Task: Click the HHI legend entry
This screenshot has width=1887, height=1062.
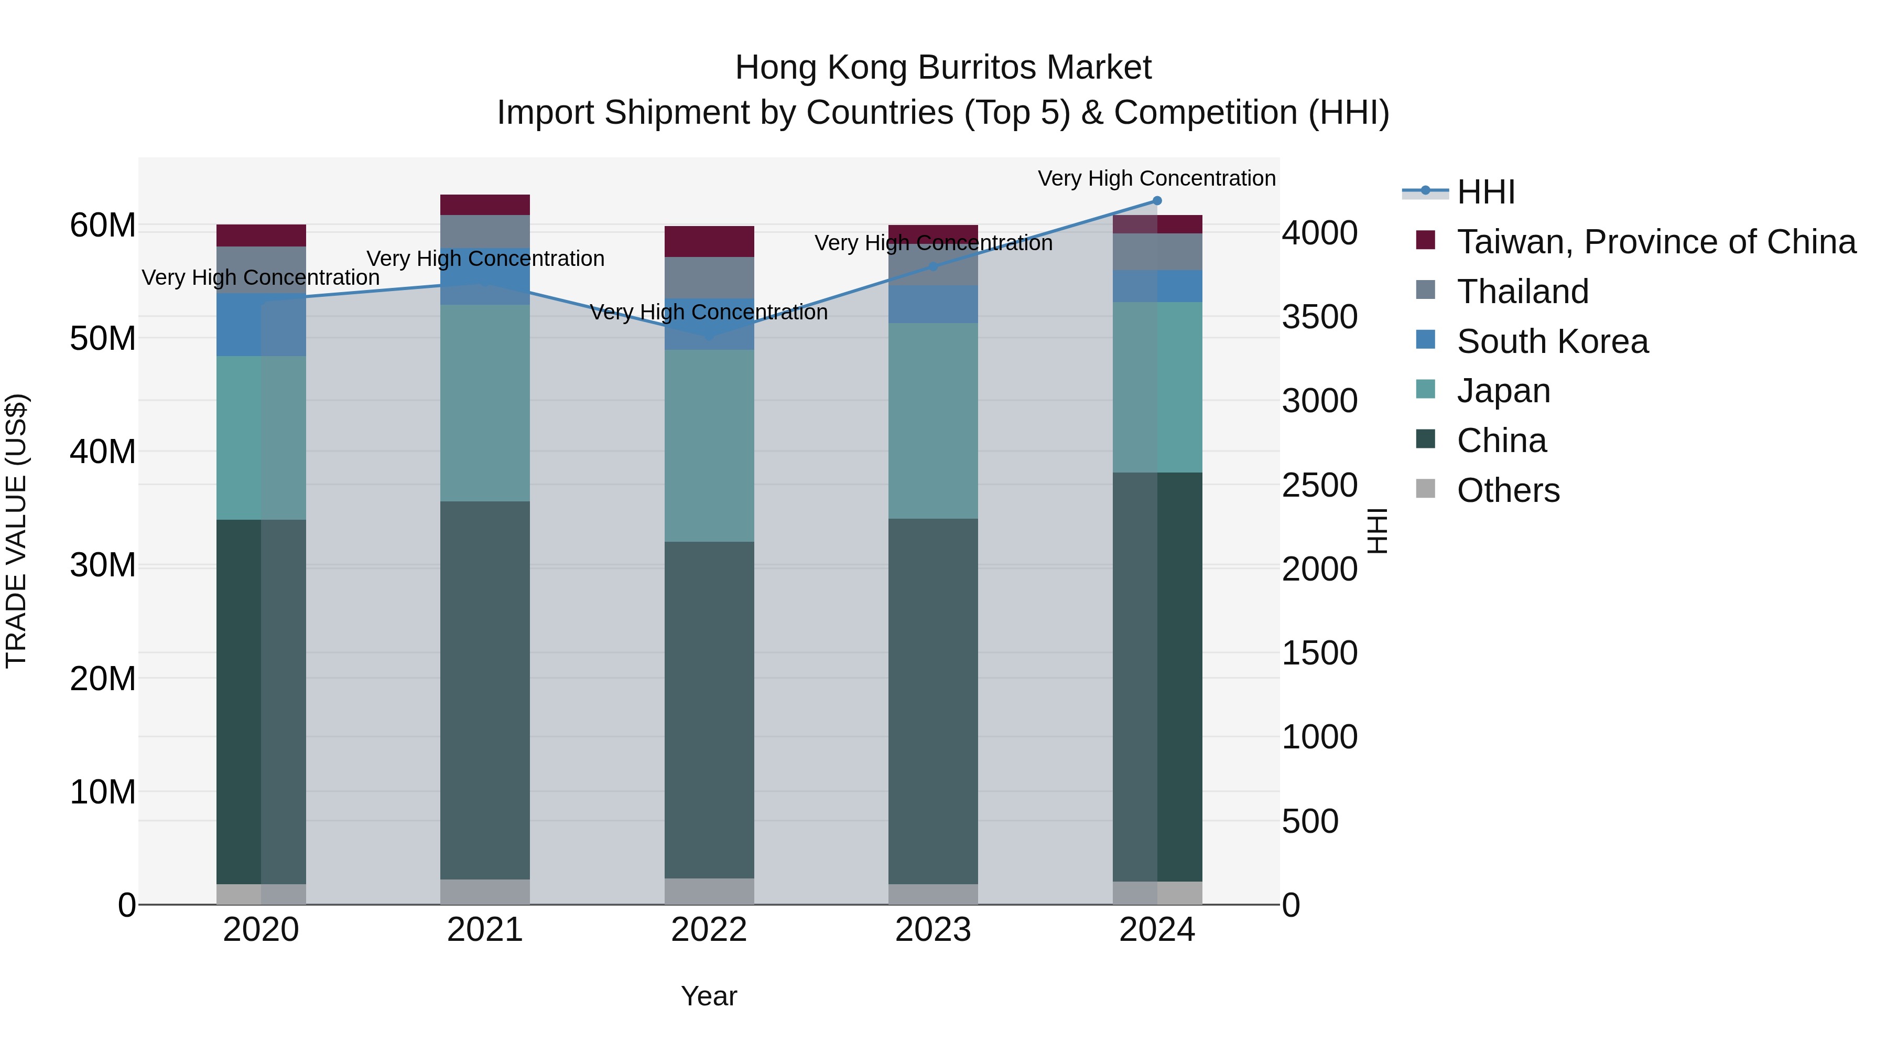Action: coord(1485,192)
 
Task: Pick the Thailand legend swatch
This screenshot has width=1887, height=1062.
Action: coord(1426,290)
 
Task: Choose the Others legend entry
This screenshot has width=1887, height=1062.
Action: coord(1508,490)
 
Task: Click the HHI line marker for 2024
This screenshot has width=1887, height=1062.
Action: coord(1157,201)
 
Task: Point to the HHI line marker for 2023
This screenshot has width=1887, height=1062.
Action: coord(933,267)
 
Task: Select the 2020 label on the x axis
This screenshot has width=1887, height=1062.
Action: coord(261,930)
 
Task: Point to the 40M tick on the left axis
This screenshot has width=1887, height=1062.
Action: coord(103,452)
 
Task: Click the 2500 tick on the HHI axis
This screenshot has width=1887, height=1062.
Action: coord(1319,485)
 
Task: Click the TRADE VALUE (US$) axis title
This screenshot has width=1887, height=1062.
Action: coord(16,531)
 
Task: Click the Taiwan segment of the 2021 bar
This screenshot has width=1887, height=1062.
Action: coord(485,205)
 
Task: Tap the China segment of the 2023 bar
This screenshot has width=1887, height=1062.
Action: coord(933,701)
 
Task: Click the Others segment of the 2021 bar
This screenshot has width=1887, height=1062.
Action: coord(485,892)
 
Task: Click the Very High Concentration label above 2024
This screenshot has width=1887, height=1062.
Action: coord(1157,179)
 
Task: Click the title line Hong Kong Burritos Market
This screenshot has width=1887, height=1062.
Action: coord(943,68)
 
